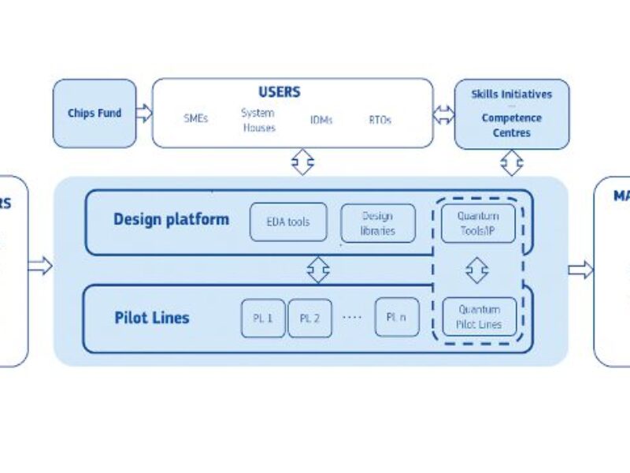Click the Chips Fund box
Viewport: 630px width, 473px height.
coord(94,113)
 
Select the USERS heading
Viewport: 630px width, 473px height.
coord(279,92)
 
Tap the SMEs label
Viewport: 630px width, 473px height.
coord(195,119)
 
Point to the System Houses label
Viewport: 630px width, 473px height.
coord(258,120)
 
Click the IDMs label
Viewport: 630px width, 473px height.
coord(322,120)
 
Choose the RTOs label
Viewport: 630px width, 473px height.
coord(380,120)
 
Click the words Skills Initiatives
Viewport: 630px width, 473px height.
coord(511,94)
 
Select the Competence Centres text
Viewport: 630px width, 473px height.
coord(511,125)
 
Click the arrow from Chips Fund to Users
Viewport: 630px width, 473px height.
coord(143,113)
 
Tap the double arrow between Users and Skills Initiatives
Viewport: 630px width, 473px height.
coord(444,113)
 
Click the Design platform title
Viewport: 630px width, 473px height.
coord(171,219)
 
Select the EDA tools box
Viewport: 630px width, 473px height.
coord(288,222)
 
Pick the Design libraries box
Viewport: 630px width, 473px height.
coord(377,223)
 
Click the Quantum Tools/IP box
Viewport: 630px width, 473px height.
coord(478,223)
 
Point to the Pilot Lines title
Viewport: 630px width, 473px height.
coord(151,318)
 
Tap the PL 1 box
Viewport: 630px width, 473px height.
coord(263,318)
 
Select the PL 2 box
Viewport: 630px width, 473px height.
coord(309,318)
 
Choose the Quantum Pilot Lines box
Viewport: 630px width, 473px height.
coord(479,317)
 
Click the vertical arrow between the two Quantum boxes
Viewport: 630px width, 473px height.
coord(476,270)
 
